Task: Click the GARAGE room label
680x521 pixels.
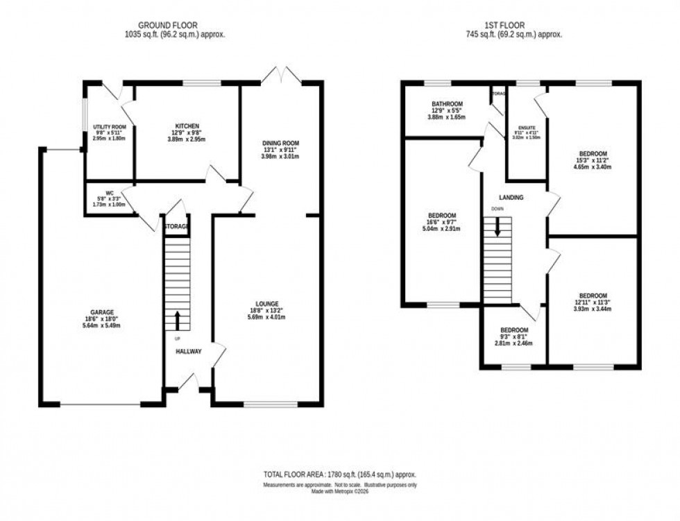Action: point(101,312)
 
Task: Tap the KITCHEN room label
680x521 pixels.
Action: point(187,126)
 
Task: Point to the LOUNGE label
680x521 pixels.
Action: point(266,303)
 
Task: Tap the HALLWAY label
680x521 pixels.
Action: point(188,352)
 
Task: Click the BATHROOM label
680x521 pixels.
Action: point(445,104)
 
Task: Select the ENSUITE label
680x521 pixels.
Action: point(525,131)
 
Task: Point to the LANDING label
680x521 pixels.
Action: point(511,198)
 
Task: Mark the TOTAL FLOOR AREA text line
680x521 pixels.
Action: point(339,474)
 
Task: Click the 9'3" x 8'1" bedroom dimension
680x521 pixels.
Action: point(514,336)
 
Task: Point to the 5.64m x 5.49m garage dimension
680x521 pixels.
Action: point(101,325)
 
